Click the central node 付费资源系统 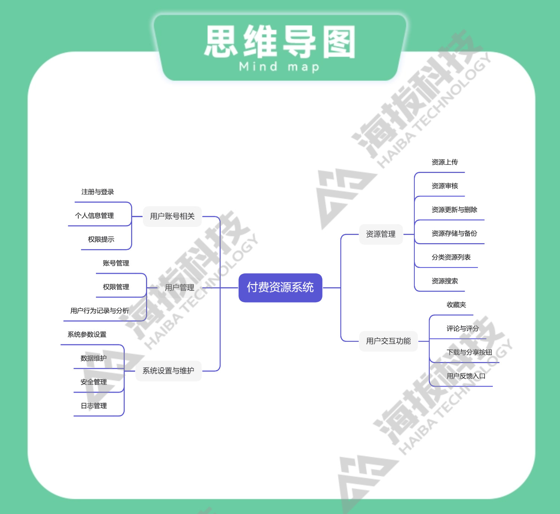pyautogui.click(x=280, y=287)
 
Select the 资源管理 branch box pyautogui.click(x=380, y=234)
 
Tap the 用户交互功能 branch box pyautogui.click(x=388, y=341)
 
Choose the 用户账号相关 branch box pyautogui.click(x=172, y=216)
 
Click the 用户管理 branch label pyautogui.click(x=180, y=288)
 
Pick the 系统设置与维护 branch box pyautogui.click(x=168, y=371)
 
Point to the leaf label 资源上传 pyautogui.click(x=444, y=162)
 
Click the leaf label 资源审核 pyautogui.click(x=444, y=186)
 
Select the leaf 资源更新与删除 pyautogui.click(x=454, y=210)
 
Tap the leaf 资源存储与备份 pyautogui.click(x=454, y=233)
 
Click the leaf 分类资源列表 pyautogui.click(x=451, y=257)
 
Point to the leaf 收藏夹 pyautogui.click(x=456, y=305)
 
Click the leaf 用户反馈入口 pyautogui.click(x=466, y=376)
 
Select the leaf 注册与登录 pyautogui.click(x=97, y=192)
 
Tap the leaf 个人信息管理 pyautogui.click(x=94, y=216)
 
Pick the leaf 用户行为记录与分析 pyautogui.click(x=99, y=311)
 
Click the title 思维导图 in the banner pyautogui.click(x=280, y=42)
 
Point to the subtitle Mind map pyautogui.click(x=279, y=67)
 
